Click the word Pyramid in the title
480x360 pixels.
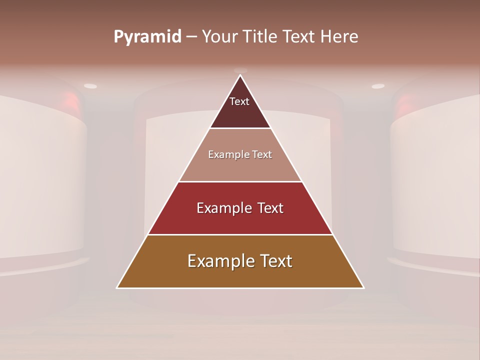pyautogui.click(x=147, y=37)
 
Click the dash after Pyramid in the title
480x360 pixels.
pyautogui.click(x=191, y=37)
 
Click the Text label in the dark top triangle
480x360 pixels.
pyautogui.click(x=239, y=101)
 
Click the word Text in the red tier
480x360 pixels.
pyautogui.click(x=270, y=208)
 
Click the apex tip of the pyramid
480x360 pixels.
pyautogui.click(x=240, y=75)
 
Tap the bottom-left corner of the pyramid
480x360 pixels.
pyautogui.click(x=117, y=287)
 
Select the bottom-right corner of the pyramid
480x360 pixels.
pyautogui.click(x=363, y=287)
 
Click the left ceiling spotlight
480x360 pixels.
pyautogui.click(x=90, y=86)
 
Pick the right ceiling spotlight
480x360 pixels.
pyautogui.click(x=378, y=86)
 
